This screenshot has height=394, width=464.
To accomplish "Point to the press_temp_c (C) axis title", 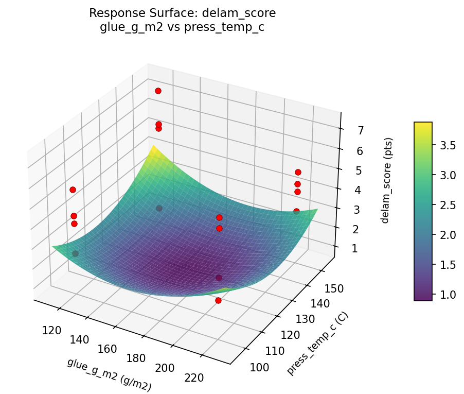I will coord(317,344).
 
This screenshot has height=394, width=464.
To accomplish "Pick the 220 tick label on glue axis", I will coord(194,378).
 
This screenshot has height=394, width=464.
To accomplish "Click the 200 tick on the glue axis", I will coord(165,368).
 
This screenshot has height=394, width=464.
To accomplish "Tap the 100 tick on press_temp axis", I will coord(259,367).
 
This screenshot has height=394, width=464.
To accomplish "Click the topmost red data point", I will coord(158,91).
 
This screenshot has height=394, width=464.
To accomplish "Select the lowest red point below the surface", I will coord(218,300).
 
